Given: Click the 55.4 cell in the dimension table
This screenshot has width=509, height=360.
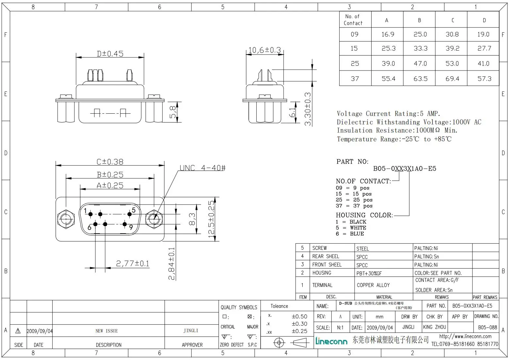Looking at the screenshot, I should pos(388,79).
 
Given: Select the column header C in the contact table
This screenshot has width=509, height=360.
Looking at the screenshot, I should pos(452,20).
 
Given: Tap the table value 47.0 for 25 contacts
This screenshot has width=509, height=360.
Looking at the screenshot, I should pos(420,64).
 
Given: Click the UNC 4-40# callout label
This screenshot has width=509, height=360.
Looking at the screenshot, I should pos(202,168).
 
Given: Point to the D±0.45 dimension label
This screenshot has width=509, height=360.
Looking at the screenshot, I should pos(110,54).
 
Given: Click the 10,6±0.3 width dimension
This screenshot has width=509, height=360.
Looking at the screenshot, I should pos(264,50).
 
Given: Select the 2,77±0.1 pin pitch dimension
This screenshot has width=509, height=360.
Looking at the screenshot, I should pos(133,263).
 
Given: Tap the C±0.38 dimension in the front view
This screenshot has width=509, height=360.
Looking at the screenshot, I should pos(110,162).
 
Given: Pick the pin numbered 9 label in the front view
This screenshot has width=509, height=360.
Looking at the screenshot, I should pos(131,227).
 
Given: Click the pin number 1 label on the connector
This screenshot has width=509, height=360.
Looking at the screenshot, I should pos(85,211).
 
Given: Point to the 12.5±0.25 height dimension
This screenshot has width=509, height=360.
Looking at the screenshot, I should pos(212,218).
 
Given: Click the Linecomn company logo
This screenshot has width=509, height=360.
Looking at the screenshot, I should pos(331,341).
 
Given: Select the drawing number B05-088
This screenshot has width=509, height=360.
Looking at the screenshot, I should pos(487,327).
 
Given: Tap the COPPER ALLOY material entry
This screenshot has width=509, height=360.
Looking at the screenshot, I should pos(373,285).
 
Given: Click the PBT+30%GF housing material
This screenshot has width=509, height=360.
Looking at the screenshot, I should pos(369,273).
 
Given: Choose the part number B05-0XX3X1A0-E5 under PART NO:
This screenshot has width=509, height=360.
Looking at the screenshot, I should pos(405,169).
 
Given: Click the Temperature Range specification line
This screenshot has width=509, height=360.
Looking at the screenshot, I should pos(394,139).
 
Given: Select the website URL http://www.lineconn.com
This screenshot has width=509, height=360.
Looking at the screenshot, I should pos(465,336).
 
